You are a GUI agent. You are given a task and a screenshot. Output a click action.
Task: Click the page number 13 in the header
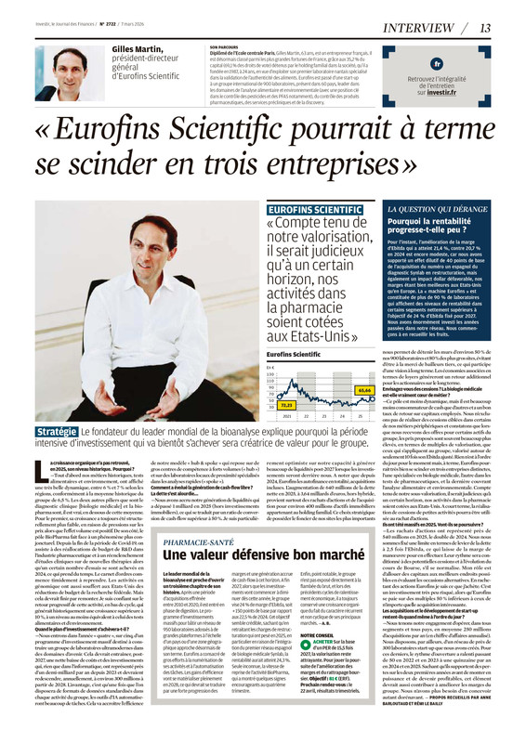click(510, 27)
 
